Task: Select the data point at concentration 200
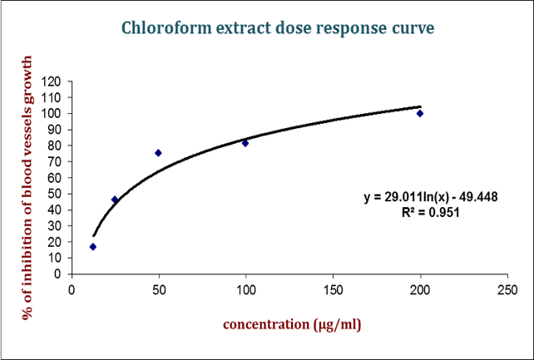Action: point(420,113)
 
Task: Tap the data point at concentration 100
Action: point(245,143)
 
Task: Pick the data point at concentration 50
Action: point(158,153)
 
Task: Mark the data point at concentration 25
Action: point(115,200)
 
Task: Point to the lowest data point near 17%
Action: point(93,247)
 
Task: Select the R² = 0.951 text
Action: point(428,213)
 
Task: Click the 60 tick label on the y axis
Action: point(56,178)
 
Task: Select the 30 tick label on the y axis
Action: point(56,226)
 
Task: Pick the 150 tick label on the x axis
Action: point(333,290)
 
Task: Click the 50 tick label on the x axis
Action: point(158,290)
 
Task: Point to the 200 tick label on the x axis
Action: point(420,290)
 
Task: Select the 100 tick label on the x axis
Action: point(245,290)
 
